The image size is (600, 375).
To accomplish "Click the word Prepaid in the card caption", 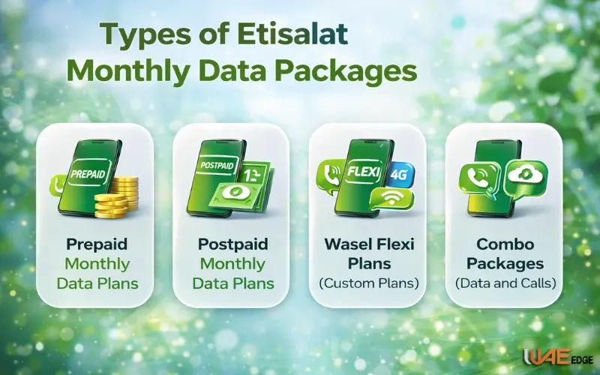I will pyautogui.click(x=97, y=244).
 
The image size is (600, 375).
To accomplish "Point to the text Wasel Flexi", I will pyautogui.click(x=368, y=244).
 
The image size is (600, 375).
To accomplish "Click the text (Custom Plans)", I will pyautogui.click(x=368, y=283).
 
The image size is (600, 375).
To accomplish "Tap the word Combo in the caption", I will pyautogui.click(x=505, y=244).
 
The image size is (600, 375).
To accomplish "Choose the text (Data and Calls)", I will pyautogui.click(x=505, y=283).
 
